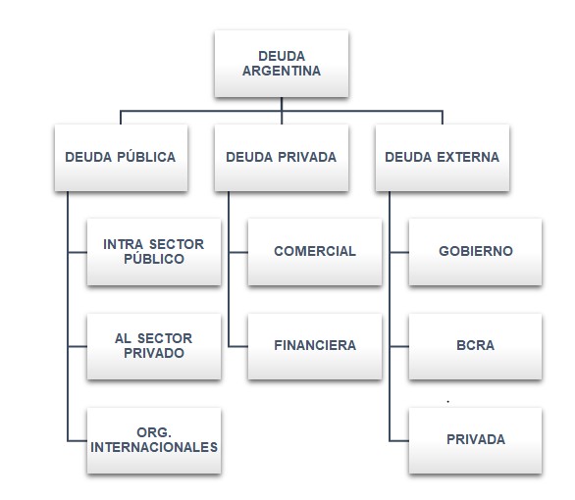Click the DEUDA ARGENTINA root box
tap(282, 64)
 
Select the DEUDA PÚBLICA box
tap(121, 158)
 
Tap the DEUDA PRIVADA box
tap(282, 158)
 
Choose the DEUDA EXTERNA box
tap(443, 158)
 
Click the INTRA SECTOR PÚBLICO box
tap(154, 252)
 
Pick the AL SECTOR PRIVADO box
tap(154, 346)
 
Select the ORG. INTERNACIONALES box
tap(154, 440)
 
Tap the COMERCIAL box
tap(315, 252)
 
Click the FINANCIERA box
tap(315, 346)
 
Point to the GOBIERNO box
tap(475, 252)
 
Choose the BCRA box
tap(475, 346)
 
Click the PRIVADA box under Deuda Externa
tap(475, 440)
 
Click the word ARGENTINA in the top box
tap(282, 71)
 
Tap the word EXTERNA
tap(468, 157)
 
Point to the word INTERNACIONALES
tap(154, 447)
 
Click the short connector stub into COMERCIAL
tap(238, 252)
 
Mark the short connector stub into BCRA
tap(399, 346)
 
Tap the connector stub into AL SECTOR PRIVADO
tap(78, 346)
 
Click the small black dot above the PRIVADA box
tap(448, 402)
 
